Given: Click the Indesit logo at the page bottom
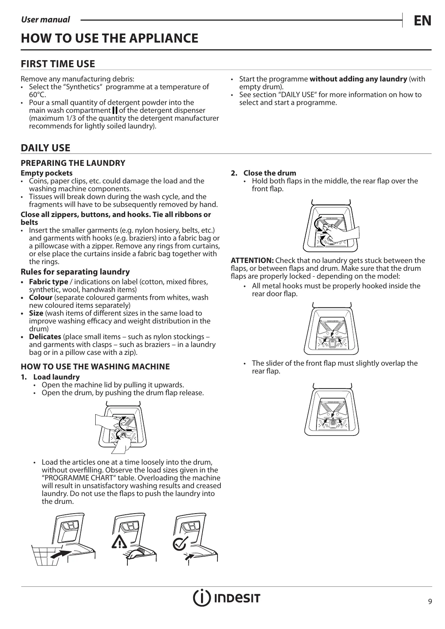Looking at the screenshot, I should click(226, 598).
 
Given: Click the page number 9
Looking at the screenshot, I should click(430, 601).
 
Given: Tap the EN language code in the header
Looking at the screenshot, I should click(422, 21).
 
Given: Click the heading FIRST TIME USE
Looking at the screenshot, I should click(58, 64).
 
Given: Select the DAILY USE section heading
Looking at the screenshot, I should click(46, 148).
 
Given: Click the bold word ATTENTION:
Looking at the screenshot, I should click(252, 261).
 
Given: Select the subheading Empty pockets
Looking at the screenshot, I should click(47, 173).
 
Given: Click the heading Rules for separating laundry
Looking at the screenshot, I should click(75, 272).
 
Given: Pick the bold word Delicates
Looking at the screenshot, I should click(45, 337).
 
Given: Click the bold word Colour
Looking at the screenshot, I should click(40, 297).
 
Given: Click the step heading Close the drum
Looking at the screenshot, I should click(270, 173).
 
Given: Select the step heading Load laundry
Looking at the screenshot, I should click(56, 377).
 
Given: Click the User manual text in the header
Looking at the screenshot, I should click(45, 20).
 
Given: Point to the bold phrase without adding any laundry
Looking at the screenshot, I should click(358, 79).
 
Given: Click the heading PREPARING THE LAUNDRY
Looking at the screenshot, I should click(73, 163).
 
